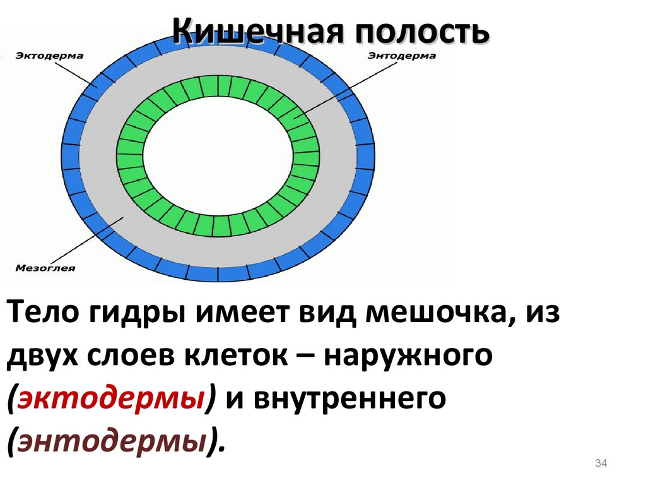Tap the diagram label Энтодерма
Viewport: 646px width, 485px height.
click(402, 56)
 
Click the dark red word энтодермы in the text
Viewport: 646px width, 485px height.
click(115, 440)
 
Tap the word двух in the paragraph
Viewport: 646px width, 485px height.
click(42, 357)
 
